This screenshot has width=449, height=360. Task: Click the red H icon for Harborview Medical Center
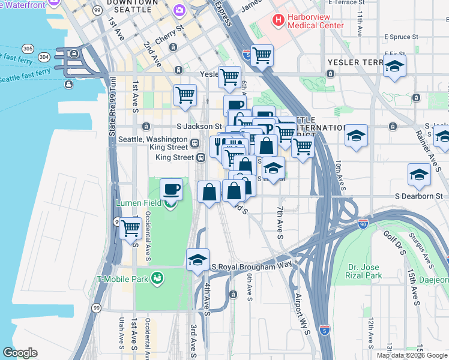pyautogui.click(x=279, y=20)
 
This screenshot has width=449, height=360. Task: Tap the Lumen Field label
pyautogui.click(x=138, y=203)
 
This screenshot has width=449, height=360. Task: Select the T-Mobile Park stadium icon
pyautogui.click(x=157, y=278)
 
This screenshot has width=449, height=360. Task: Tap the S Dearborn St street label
pyautogui.click(x=418, y=196)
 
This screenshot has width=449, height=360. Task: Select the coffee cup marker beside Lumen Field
pyautogui.click(x=171, y=190)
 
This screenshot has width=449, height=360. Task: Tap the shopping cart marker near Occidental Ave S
pyautogui.click(x=131, y=228)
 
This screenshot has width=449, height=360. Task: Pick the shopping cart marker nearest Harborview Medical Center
pyautogui.click(x=262, y=56)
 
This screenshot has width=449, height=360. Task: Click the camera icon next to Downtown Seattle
pyautogui.click(x=179, y=11)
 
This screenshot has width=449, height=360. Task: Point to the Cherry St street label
pyautogui.click(x=171, y=28)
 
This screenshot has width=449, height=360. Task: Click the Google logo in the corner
pyautogui.click(x=20, y=353)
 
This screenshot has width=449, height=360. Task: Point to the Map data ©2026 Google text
pyautogui.click(x=412, y=356)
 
